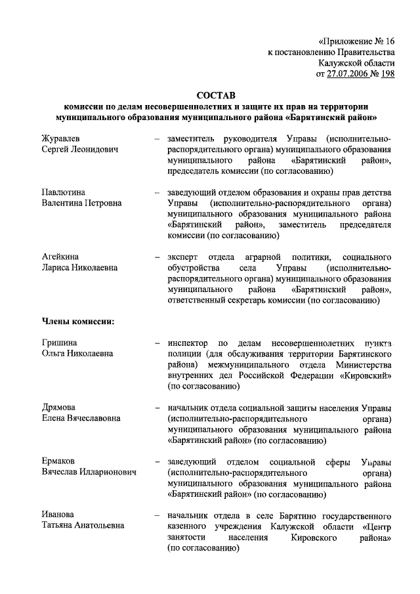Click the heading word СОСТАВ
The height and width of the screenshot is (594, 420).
click(x=216, y=95)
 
